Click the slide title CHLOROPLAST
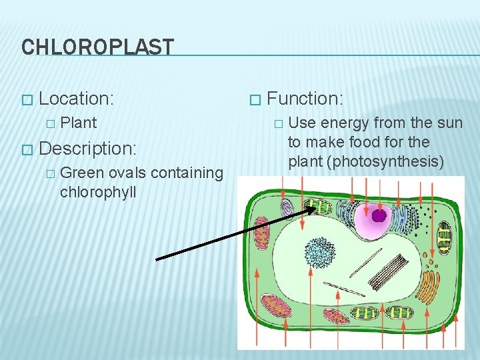(x=97, y=47)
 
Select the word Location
(x=75, y=99)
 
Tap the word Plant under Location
(x=78, y=123)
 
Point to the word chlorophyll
(x=97, y=193)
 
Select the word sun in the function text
(x=449, y=123)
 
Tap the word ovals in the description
(x=127, y=173)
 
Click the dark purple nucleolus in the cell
(x=379, y=215)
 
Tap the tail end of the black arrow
(x=157, y=259)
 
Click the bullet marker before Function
(x=253, y=100)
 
